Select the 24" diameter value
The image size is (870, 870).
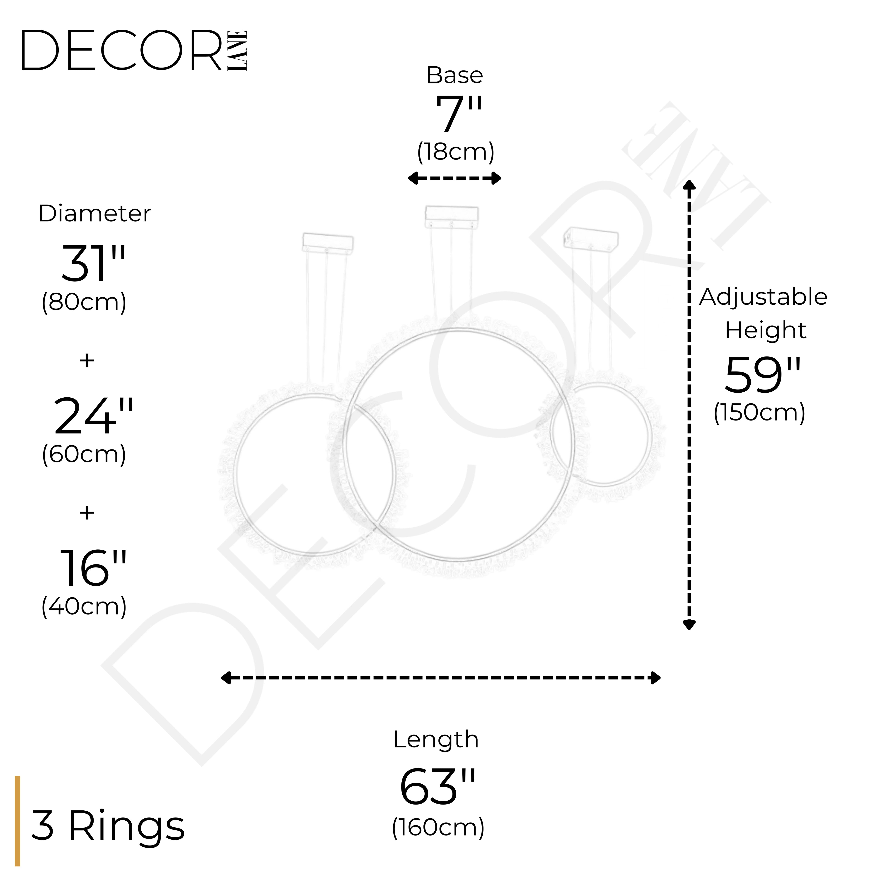click(x=94, y=416)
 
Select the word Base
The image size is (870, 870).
click(x=455, y=75)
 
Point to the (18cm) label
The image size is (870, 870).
click(x=456, y=152)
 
